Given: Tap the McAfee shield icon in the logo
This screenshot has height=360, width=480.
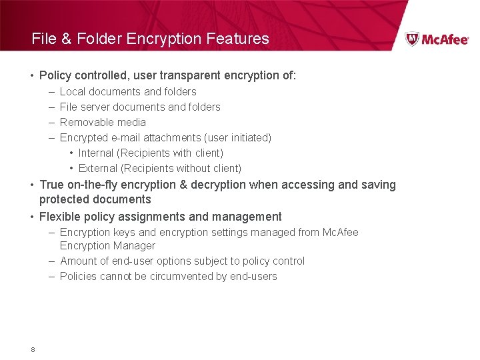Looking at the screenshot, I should point(413,39).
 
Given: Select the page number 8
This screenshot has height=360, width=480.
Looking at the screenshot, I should point(33,349).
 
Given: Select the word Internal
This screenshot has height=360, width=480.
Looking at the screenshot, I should point(96,153).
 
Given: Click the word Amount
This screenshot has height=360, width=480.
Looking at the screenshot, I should point(77,261).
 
